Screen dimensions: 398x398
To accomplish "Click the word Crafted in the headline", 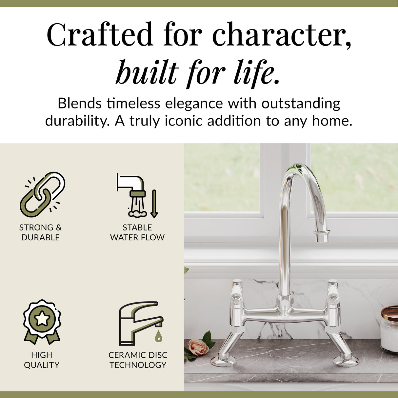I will pyautogui.click(x=100, y=34).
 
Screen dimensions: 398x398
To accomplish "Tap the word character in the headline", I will pyautogui.click(x=282, y=34).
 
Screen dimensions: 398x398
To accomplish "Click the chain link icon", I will pyautogui.click(x=42, y=194).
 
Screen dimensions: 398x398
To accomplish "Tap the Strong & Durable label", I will pyautogui.click(x=40, y=232).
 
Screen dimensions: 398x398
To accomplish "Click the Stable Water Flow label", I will pyautogui.click(x=137, y=232).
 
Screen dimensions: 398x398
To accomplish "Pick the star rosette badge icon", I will pyautogui.click(x=42, y=321).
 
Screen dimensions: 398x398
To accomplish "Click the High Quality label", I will pyautogui.click(x=42, y=360).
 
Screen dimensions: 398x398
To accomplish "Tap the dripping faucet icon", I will pyautogui.click(x=140, y=323).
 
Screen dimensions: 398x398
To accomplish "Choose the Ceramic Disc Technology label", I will pyautogui.click(x=138, y=360).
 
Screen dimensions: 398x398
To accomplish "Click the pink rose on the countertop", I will pyautogui.click(x=198, y=347).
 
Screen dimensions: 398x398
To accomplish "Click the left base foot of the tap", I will pyautogui.click(x=224, y=361).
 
